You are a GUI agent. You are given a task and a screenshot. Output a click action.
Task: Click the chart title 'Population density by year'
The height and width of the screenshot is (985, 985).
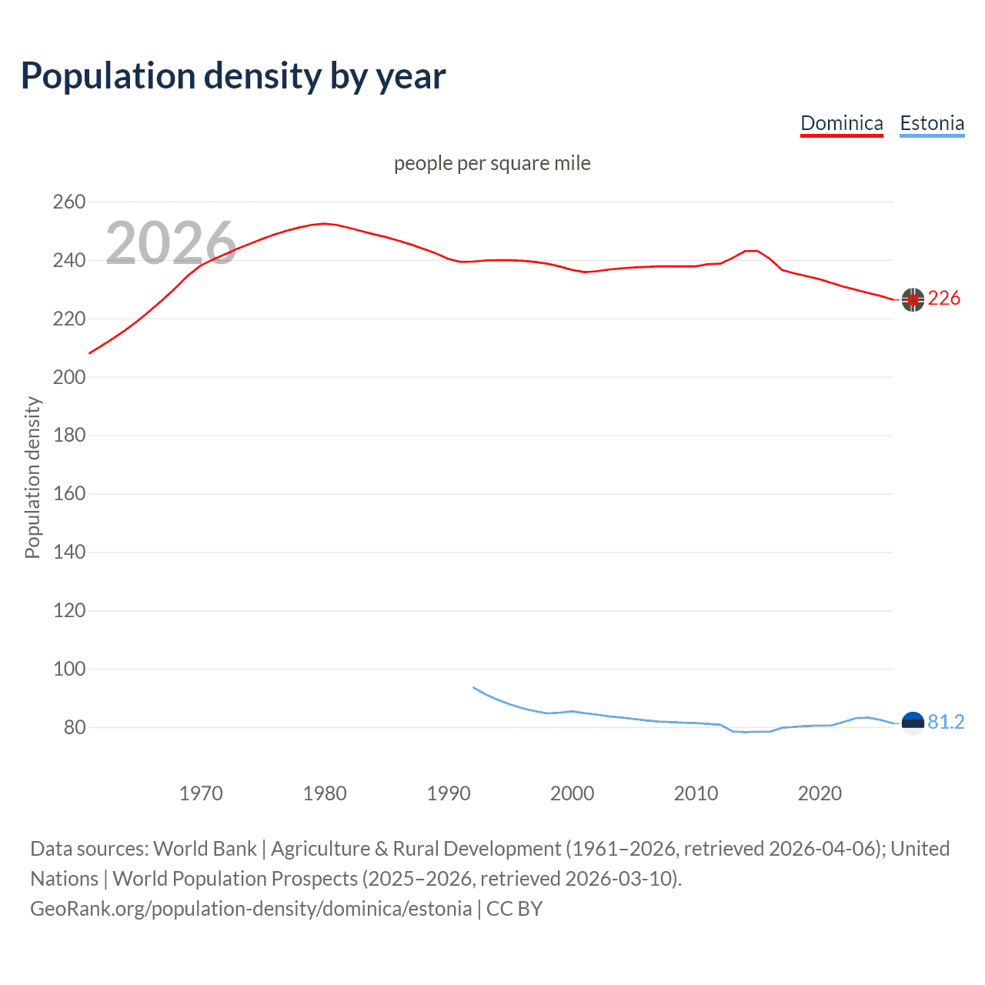pos(233,76)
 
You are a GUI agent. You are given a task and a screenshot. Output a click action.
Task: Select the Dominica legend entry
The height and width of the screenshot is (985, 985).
pos(841,123)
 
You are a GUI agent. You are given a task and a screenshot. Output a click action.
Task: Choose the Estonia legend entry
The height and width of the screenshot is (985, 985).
pos(932,123)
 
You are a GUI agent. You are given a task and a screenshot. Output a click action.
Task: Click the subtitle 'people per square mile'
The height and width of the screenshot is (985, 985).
pos(492,163)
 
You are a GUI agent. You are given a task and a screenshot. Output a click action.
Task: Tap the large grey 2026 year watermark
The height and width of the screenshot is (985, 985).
pos(171,243)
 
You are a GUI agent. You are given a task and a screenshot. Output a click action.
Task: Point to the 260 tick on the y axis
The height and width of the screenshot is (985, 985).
pos(68,202)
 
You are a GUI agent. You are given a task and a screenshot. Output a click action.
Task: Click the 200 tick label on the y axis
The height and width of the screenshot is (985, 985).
pos(68,377)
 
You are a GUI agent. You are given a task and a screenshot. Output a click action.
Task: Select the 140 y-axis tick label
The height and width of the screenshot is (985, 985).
pos(68,552)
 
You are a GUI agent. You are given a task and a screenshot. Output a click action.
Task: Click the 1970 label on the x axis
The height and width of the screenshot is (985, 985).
pos(201,793)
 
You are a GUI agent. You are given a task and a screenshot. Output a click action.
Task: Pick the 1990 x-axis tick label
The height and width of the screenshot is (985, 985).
pos(449,793)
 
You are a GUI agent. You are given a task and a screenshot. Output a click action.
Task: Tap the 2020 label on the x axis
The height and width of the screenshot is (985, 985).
pos(820,793)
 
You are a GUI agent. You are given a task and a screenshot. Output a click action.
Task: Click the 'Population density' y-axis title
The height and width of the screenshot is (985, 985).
pos(32,477)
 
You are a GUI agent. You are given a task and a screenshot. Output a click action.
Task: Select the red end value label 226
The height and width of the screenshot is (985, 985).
pos(944,299)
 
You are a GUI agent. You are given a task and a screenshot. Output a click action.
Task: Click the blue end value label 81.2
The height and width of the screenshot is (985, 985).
pos(946,722)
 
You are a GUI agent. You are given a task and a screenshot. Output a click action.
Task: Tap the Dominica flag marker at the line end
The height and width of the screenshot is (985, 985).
pos(913,300)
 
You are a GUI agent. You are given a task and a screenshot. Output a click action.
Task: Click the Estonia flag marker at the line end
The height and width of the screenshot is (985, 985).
pos(913,723)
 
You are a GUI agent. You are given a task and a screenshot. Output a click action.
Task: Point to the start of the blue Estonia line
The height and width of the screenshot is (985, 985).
pos(473,687)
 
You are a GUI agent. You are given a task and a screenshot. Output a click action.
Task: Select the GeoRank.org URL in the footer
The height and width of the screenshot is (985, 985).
pos(251,909)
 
